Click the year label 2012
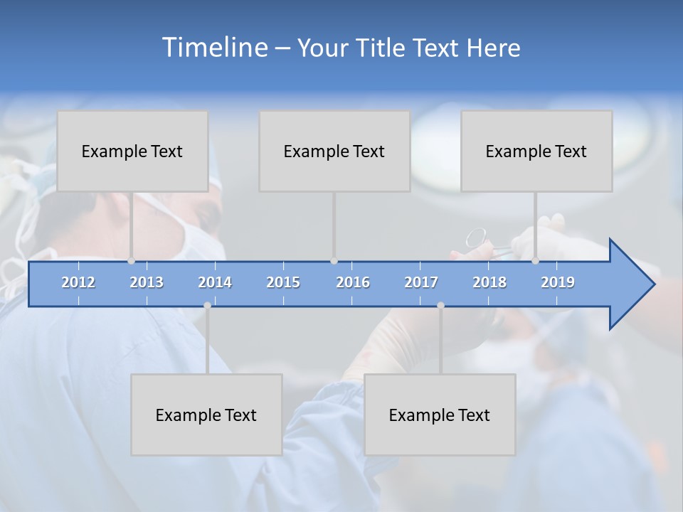pyautogui.click(x=78, y=282)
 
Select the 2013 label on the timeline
pyautogui.click(x=147, y=282)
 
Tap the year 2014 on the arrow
pyautogui.click(x=215, y=282)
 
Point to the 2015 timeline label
pyautogui.click(x=283, y=282)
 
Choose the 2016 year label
pyautogui.click(x=353, y=282)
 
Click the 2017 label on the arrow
pyautogui.click(x=421, y=282)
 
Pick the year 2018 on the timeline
pyautogui.click(x=489, y=282)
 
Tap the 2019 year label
pyautogui.click(x=558, y=282)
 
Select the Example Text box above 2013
pyautogui.click(x=132, y=151)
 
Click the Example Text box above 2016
pyautogui.click(x=334, y=151)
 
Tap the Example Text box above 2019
pyautogui.click(x=536, y=151)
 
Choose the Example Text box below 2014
pyautogui.click(x=206, y=415)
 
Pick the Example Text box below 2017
pyautogui.click(x=440, y=415)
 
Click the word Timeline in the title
pyautogui.click(x=214, y=48)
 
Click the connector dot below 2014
pyautogui.click(x=207, y=305)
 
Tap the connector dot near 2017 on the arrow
pyautogui.click(x=440, y=305)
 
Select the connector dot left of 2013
pyautogui.click(x=131, y=260)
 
